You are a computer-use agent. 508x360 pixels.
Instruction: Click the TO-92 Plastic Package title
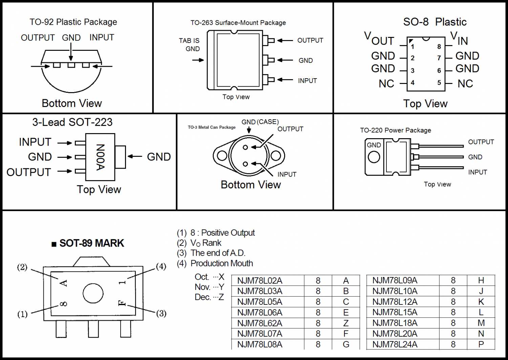tap(73, 22)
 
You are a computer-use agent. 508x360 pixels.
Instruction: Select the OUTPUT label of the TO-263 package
tap(310, 40)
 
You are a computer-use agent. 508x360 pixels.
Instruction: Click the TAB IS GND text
tap(189, 45)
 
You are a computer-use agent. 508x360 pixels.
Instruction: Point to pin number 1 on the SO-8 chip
tap(412, 47)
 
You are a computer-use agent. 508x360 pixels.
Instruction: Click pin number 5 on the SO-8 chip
tap(439, 83)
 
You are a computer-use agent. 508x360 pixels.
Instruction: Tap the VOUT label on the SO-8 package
tap(379, 39)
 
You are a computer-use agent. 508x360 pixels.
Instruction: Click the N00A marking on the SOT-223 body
tap(100, 157)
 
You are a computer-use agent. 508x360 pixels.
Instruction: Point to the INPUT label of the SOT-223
tap(35, 142)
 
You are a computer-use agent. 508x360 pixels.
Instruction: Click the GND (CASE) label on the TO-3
tap(260, 122)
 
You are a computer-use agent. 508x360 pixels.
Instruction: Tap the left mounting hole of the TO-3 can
tap(222, 156)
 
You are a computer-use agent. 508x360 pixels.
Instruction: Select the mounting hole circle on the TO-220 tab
tap(374, 157)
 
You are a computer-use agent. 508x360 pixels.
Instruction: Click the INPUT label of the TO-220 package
tap(478, 172)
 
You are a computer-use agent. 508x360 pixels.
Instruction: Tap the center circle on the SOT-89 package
tap(93, 293)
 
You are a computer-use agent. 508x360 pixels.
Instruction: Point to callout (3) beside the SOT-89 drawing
tap(161, 314)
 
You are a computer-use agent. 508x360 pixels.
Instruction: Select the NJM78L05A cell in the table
tap(260, 302)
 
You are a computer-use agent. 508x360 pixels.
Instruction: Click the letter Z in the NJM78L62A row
tap(346, 323)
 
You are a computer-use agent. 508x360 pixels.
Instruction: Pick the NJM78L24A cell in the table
tap(395, 344)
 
